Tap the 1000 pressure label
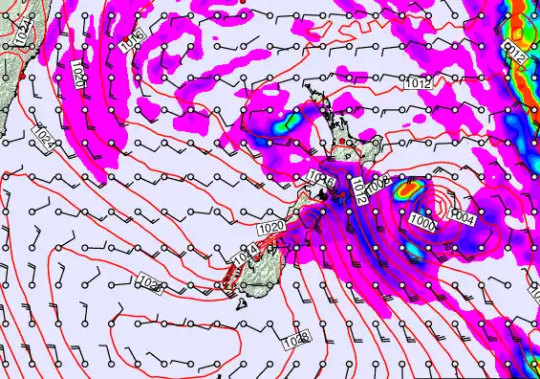pos(423,223)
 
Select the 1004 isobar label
pos(462,218)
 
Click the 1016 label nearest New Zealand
pos(321,178)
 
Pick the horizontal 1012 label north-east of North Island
pos(416,82)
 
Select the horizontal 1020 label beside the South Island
pos(270,226)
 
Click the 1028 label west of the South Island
pos(151,285)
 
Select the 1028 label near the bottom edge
pos(296,339)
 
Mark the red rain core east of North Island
pos(408,189)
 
